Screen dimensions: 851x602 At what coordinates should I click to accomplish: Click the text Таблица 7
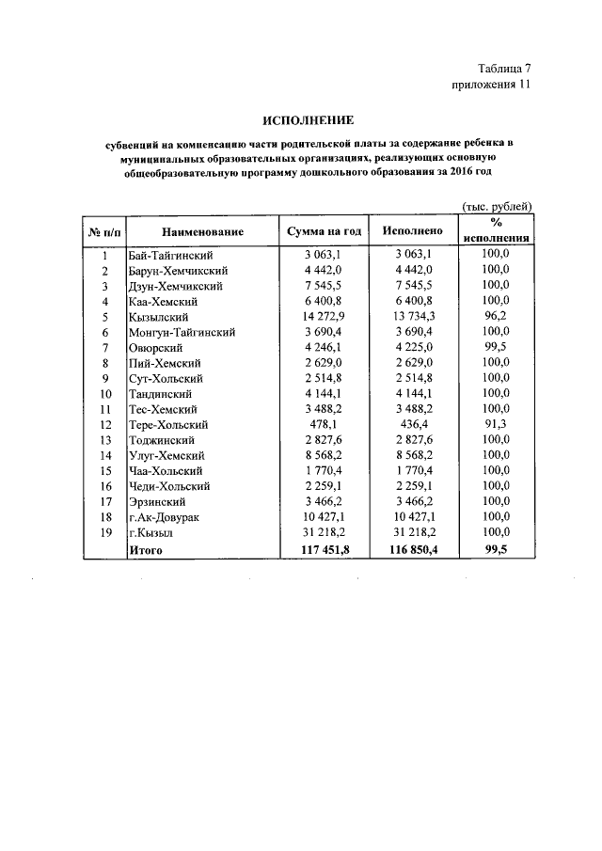[x=505, y=69]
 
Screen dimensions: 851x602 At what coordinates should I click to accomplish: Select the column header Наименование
[x=202, y=231]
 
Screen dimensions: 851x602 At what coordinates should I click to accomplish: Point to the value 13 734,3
[x=407, y=317]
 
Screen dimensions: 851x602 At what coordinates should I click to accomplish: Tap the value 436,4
[x=407, y=425]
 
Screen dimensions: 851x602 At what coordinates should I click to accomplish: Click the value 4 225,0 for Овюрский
[x=407, y=348]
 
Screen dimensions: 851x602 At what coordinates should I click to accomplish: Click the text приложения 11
[x=493, y=85]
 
